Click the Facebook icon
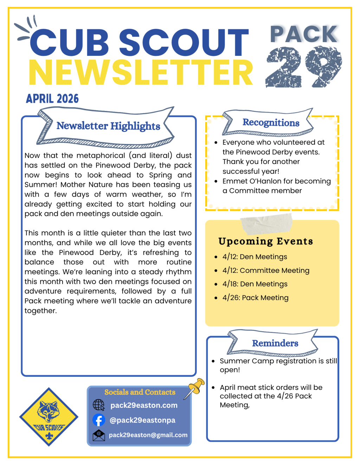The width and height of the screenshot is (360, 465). pos(99,420)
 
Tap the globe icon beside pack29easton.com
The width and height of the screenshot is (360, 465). pos(99,405)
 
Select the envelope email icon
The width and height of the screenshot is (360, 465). pos(99,435)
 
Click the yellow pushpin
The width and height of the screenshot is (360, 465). pos(196,387)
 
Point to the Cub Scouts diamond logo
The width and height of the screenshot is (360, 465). pos(49,417)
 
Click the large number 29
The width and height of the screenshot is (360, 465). pos(303,67)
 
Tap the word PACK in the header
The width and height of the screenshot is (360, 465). pos(304,34)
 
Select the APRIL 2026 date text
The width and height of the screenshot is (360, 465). pos(52,99)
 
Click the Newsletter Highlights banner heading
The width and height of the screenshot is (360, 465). pos(108,126)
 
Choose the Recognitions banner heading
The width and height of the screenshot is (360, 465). pos(271,123)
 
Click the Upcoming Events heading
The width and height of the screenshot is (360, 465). pos(265,241)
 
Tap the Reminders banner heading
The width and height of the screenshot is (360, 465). pos(275,343)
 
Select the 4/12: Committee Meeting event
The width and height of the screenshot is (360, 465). pos(266,270)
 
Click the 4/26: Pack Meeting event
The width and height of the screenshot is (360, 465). pos(255,298)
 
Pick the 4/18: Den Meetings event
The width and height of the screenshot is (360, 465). pos(255,284)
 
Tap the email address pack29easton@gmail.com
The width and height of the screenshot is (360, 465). pos(148,435)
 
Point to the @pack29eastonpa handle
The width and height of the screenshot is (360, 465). pos(142,420)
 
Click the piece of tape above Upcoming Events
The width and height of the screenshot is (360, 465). pos(266,224)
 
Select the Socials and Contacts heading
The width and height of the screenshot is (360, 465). pos(140,392)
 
